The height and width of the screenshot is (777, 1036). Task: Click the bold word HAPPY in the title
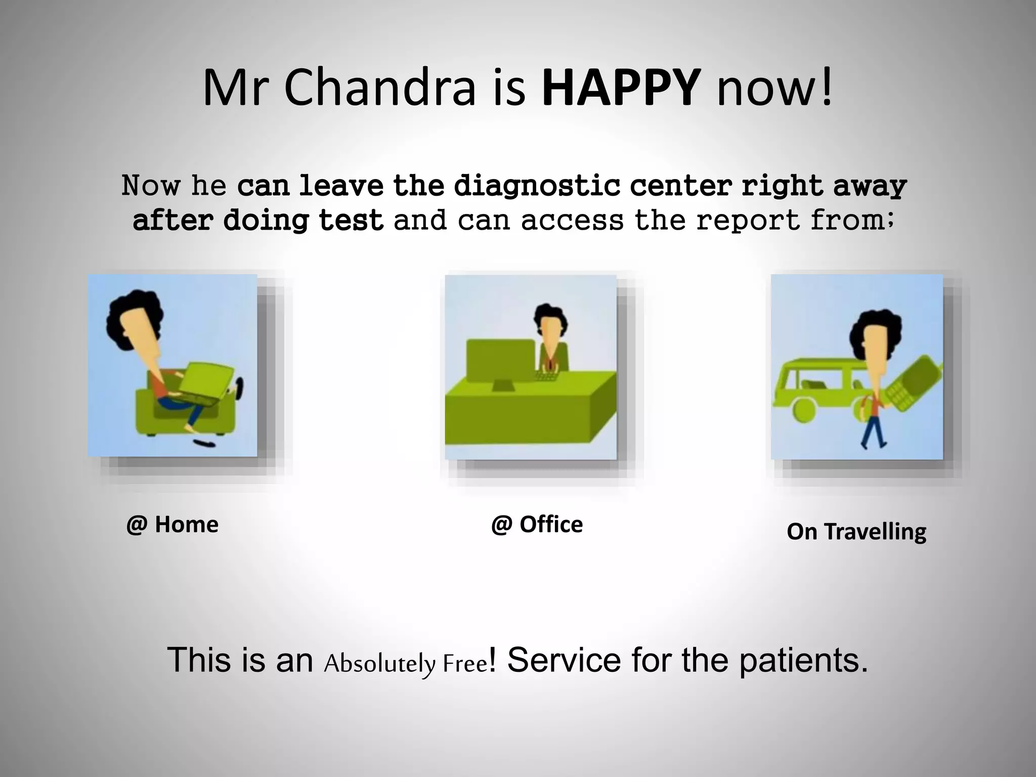621,89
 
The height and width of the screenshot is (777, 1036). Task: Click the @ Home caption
172,525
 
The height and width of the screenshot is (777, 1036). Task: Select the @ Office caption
537,525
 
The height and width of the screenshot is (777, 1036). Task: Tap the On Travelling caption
856,532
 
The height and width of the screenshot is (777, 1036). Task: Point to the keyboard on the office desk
546,376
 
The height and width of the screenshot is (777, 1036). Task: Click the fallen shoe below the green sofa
204,444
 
